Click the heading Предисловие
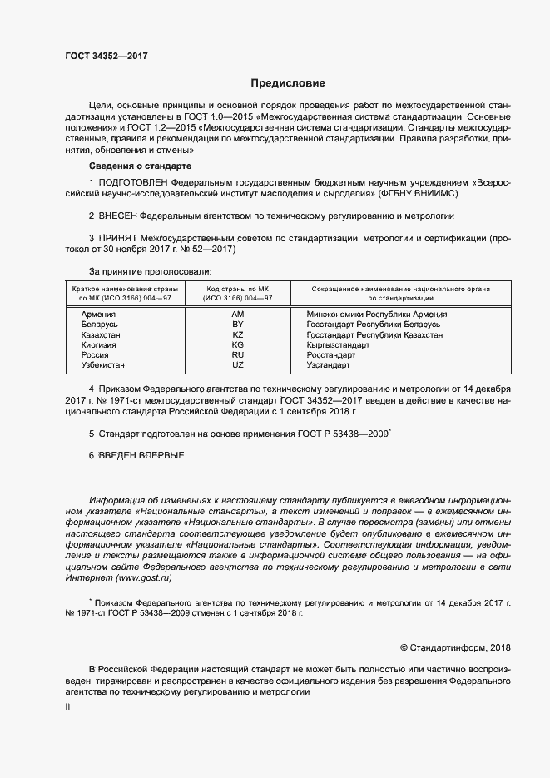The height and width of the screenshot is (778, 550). (288, 83)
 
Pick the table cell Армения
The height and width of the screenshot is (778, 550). (98, 315)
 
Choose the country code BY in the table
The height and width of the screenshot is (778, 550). (238, 325)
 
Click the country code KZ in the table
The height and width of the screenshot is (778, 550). (238, 334)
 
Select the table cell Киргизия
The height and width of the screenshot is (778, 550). (99, 344)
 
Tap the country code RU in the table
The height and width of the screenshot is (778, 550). (238, 354)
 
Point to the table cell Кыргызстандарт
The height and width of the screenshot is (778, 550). (339, 344)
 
